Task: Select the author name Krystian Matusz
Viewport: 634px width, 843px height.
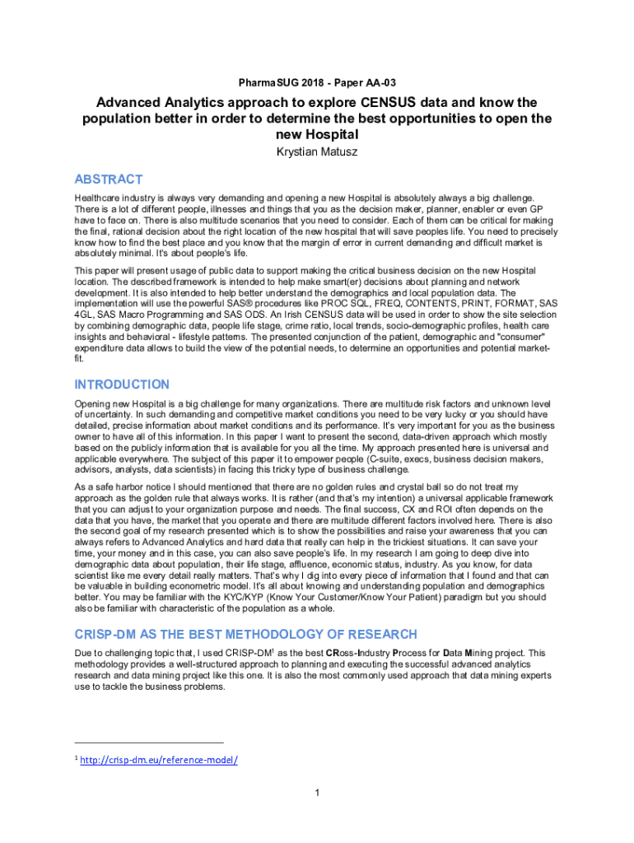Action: [x=317, y=152]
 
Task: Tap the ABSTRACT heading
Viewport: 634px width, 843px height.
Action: [x=109, y=179]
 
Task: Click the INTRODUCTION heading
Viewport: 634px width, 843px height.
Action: [x=122, y=384]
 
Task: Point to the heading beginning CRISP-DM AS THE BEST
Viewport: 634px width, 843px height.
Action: [x=245, y=634]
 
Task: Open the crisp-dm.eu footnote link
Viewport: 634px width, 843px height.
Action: [x=158, y=760]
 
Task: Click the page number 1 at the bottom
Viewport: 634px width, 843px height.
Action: [x=317, y=793]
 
